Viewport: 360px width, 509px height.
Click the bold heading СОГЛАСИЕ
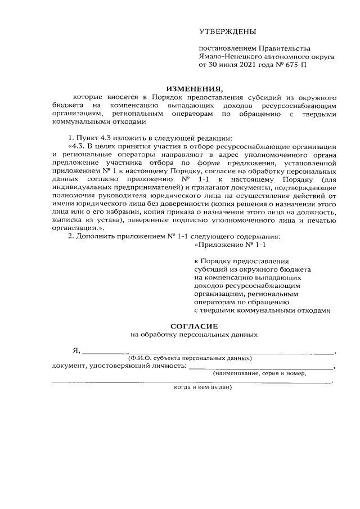[x=193, y=326]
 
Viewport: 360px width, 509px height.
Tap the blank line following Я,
[x=208, y=352]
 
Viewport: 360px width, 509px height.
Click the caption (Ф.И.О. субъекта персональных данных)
[x=190, y=358]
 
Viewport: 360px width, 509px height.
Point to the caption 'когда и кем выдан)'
[x=202, y=387]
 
